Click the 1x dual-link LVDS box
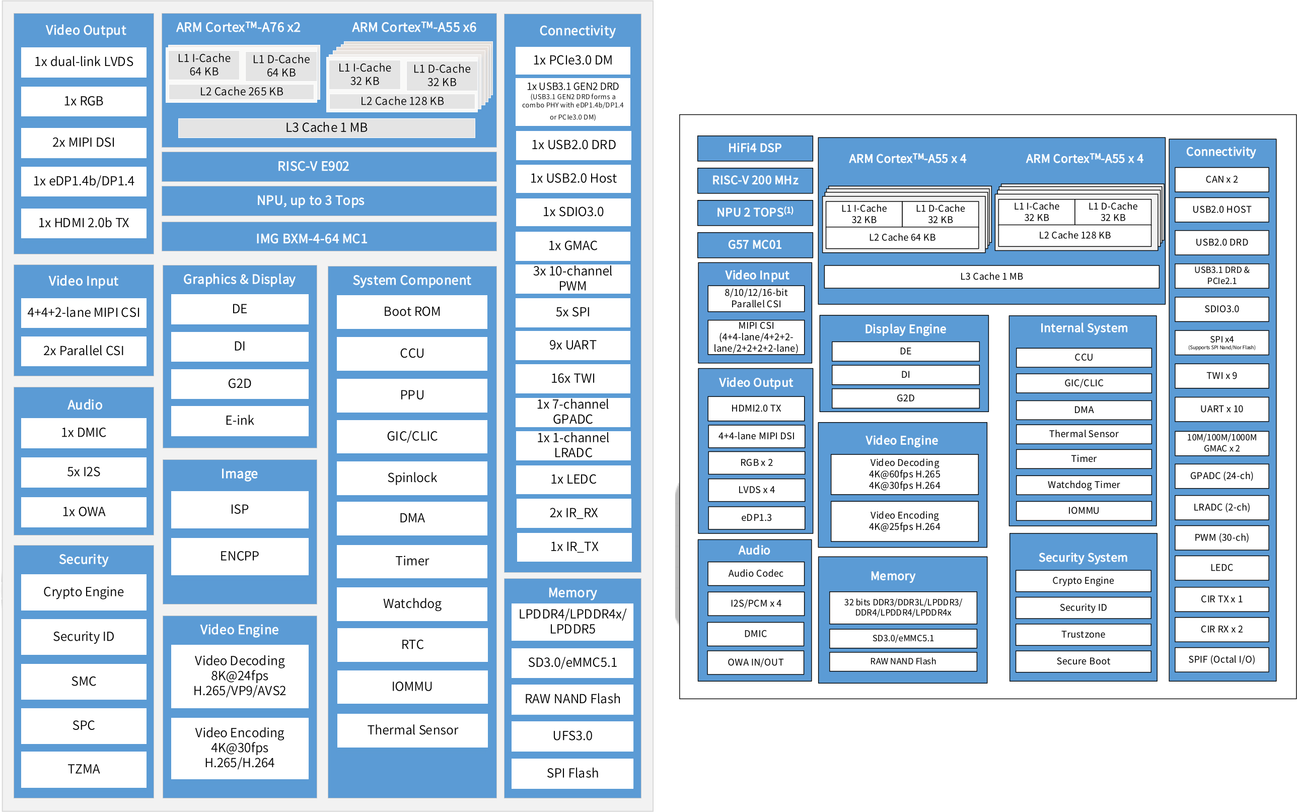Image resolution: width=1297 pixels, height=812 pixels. (x=84, y=62)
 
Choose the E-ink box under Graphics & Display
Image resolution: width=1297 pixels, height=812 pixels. (x=240, y=421)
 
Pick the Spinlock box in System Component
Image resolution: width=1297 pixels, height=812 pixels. (x=412, y=478)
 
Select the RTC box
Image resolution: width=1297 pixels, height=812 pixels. (x=412, y=644)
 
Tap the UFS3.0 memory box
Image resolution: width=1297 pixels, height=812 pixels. (x=572, y=736)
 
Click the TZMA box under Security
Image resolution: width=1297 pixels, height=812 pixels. (x=84, y=769)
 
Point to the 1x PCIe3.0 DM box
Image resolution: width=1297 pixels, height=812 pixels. (x=573, y=60)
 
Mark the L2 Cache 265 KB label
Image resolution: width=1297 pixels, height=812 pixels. (x=242, y=91)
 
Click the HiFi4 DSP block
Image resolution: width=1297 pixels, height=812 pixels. (x=755, y=148)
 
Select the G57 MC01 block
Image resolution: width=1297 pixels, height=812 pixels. (x=755, y=244)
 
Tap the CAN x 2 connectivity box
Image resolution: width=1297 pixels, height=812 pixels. (x=1221, y=179)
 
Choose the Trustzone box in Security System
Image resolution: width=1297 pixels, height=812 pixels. (x=1083, y=634)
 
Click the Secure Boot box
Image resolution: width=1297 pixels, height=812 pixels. (x=1083, y=661)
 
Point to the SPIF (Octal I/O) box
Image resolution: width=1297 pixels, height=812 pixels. (x=1221, y=659)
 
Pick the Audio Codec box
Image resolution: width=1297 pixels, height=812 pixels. (x=755, y=574)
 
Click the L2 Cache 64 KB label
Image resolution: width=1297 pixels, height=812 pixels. (x=902, y=237)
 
